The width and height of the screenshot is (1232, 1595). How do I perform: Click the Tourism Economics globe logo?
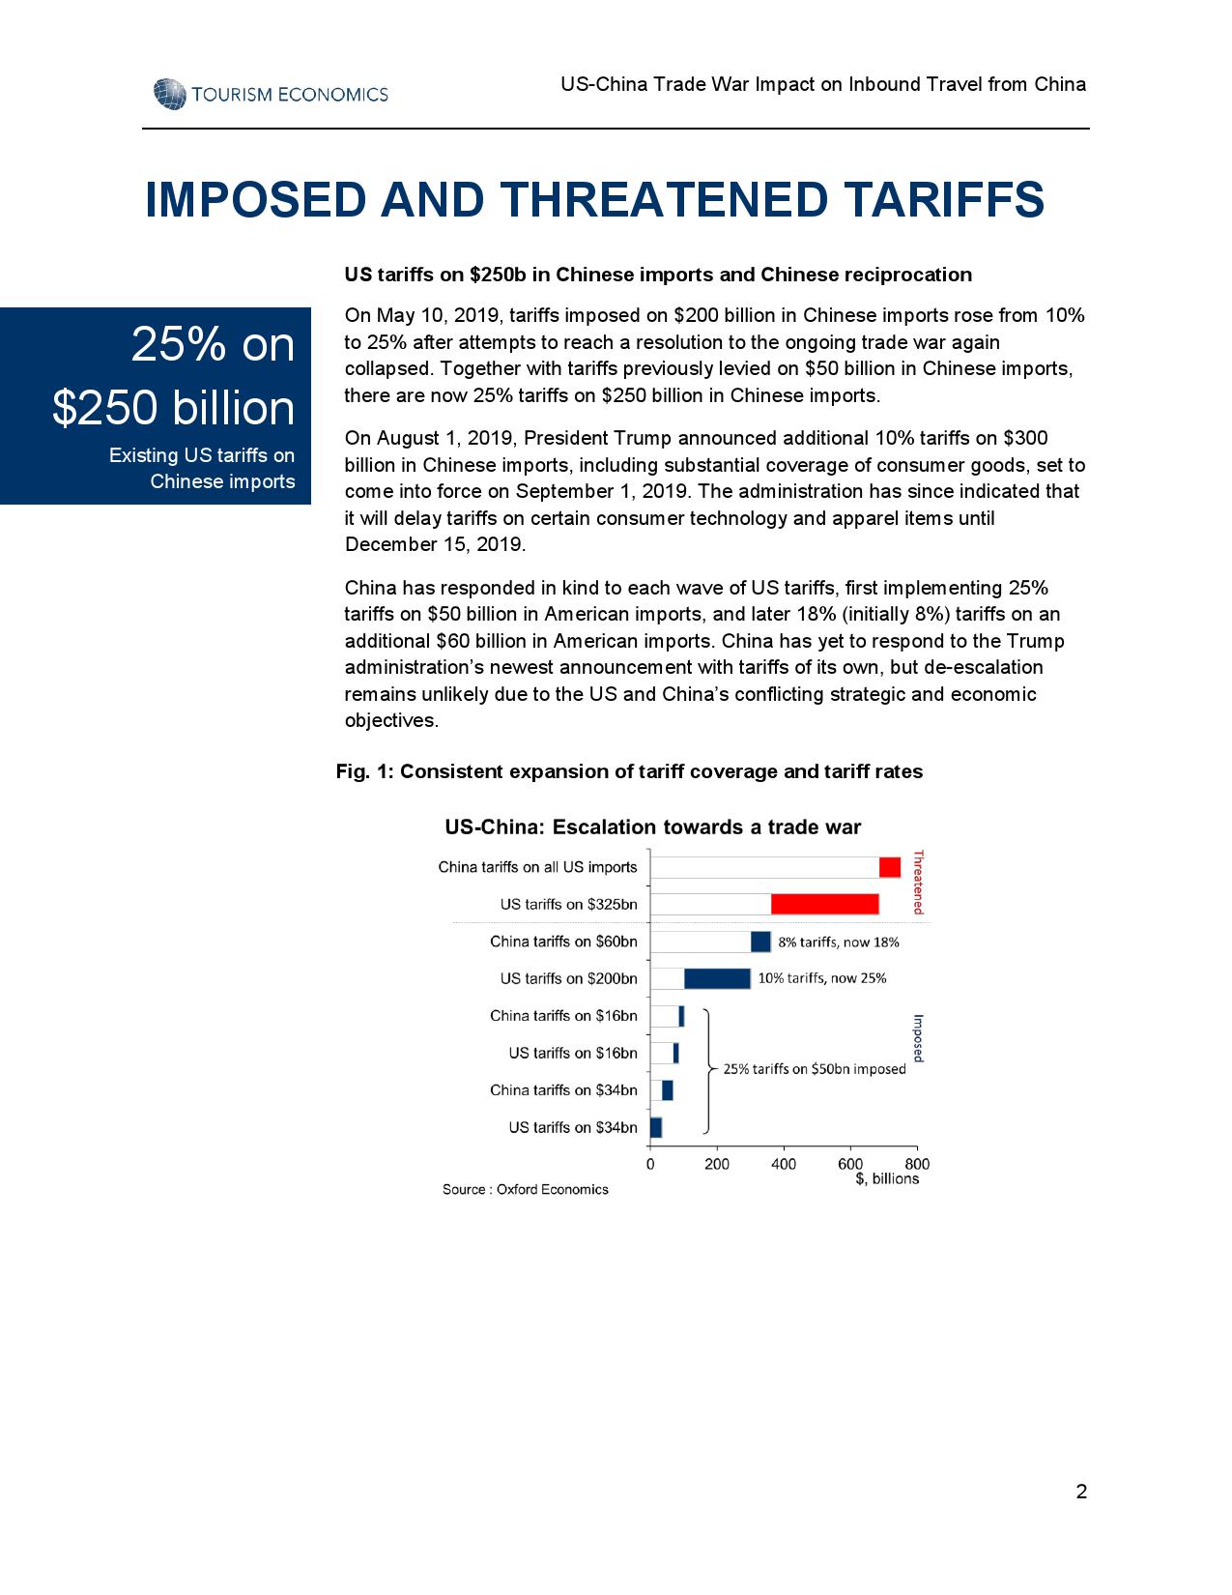[169, 94]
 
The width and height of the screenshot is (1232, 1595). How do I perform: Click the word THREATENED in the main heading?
[664, 200]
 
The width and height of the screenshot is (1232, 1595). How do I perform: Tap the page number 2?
[1081, 1492]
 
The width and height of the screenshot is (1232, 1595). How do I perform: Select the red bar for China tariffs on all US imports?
[889, 867]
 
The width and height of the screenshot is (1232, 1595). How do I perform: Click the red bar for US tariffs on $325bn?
[824, 904]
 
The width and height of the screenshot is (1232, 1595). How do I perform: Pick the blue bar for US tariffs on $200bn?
[717, 978]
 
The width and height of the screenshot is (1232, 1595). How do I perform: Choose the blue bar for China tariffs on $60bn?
[760, 942]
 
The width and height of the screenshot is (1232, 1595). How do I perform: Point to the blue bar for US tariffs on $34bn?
[656, 1127]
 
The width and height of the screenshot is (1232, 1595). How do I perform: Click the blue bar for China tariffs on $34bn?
[667, 1090]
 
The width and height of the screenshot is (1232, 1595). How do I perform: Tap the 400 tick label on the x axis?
[784, 1164]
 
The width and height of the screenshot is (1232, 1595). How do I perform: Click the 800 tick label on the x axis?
[917, 1164]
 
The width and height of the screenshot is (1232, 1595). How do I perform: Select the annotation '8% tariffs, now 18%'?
[839, 942]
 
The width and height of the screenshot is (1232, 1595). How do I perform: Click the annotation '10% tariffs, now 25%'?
[821, 977]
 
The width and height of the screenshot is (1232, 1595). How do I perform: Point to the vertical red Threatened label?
[919, 882]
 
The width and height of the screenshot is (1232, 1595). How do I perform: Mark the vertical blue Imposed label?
[918, 1037]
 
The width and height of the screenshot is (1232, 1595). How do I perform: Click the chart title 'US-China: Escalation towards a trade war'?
[652, 827]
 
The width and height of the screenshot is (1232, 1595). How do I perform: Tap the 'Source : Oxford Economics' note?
[526, 1189]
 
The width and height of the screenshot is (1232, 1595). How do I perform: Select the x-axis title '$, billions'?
[887, 1178]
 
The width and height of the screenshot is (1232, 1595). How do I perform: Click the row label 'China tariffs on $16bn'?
[563, 1015]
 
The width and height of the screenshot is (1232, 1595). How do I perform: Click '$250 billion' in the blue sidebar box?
[174, 408]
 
